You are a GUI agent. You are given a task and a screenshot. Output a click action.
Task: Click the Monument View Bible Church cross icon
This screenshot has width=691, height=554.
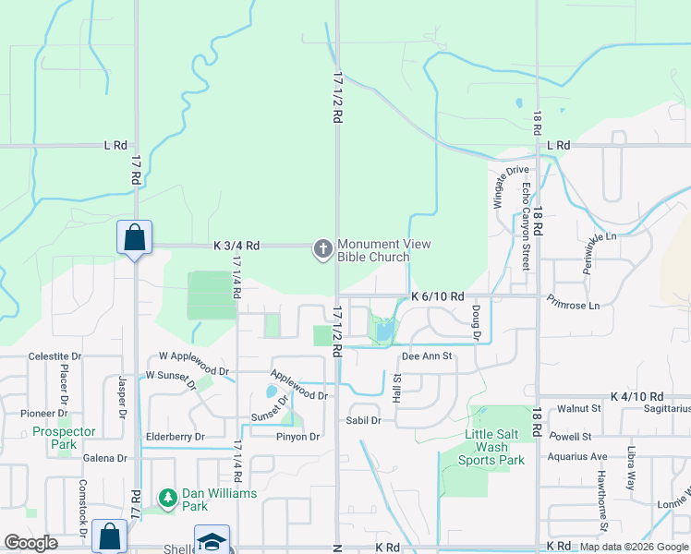(322, 249)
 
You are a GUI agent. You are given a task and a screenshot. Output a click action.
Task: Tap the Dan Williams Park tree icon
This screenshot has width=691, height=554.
(168, 499)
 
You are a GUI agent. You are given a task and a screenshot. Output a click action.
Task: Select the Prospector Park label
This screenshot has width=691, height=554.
(64, 438)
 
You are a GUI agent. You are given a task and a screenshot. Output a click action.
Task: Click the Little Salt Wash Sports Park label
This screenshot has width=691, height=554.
(495, 448)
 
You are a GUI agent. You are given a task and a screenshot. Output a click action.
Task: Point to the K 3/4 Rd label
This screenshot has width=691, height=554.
(236, 247)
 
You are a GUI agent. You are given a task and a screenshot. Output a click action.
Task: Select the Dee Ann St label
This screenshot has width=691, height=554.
(426, 355)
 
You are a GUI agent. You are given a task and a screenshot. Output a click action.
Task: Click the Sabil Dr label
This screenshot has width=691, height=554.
(363, 420)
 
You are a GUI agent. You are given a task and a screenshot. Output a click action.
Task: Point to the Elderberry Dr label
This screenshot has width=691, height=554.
(175, 437)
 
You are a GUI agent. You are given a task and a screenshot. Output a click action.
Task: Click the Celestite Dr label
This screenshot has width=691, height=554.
(55, 355)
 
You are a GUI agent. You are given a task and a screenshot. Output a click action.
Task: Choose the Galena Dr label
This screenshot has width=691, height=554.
(104, 458)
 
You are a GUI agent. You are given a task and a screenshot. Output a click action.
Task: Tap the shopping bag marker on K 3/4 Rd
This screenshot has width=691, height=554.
(135, 237)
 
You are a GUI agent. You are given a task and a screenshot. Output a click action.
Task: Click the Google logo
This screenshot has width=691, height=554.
(30, 543)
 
